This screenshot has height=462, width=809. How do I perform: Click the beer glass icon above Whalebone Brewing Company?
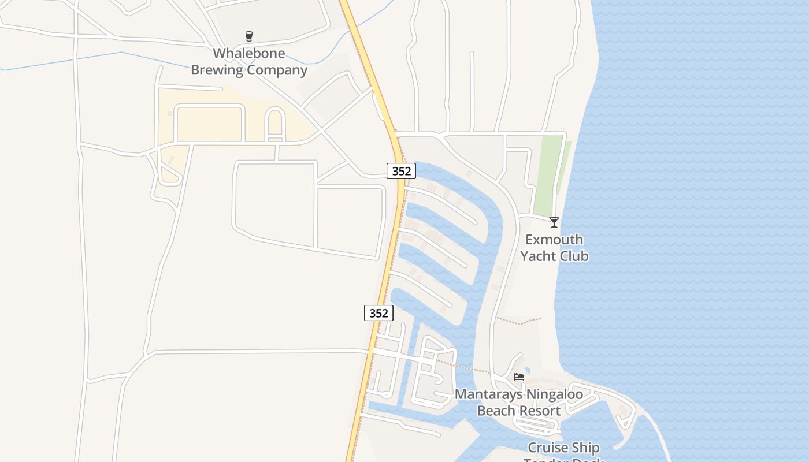(249, 36)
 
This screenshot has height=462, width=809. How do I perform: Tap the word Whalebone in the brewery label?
(249, 54)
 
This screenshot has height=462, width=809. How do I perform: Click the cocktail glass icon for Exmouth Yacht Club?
(554, 222)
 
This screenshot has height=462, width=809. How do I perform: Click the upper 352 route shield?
(401, 171)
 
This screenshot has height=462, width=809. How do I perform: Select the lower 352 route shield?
(378, 313)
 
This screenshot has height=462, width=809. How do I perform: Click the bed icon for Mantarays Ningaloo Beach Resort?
(519, 377)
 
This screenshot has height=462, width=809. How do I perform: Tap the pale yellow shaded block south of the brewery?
(208, 124)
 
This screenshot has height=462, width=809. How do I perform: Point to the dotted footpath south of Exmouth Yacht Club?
(520, 321)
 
